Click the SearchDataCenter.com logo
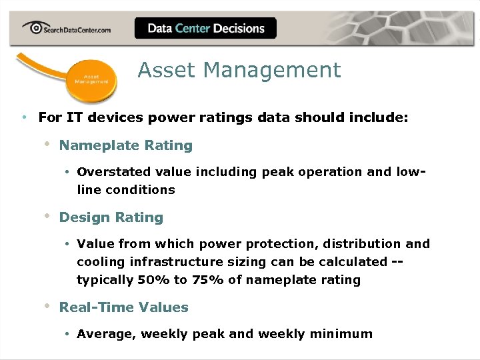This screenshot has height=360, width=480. [x=66, y=28]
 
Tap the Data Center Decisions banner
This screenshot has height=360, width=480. [x=205, y=28]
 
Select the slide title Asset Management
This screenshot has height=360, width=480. [x=239, y=70]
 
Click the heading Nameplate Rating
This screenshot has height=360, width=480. [x=125, y=145]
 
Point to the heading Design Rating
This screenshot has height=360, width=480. [x=111, y=217]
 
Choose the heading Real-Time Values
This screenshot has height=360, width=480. [x=123, y=307]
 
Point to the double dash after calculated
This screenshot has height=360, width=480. [x=397, y=262]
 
